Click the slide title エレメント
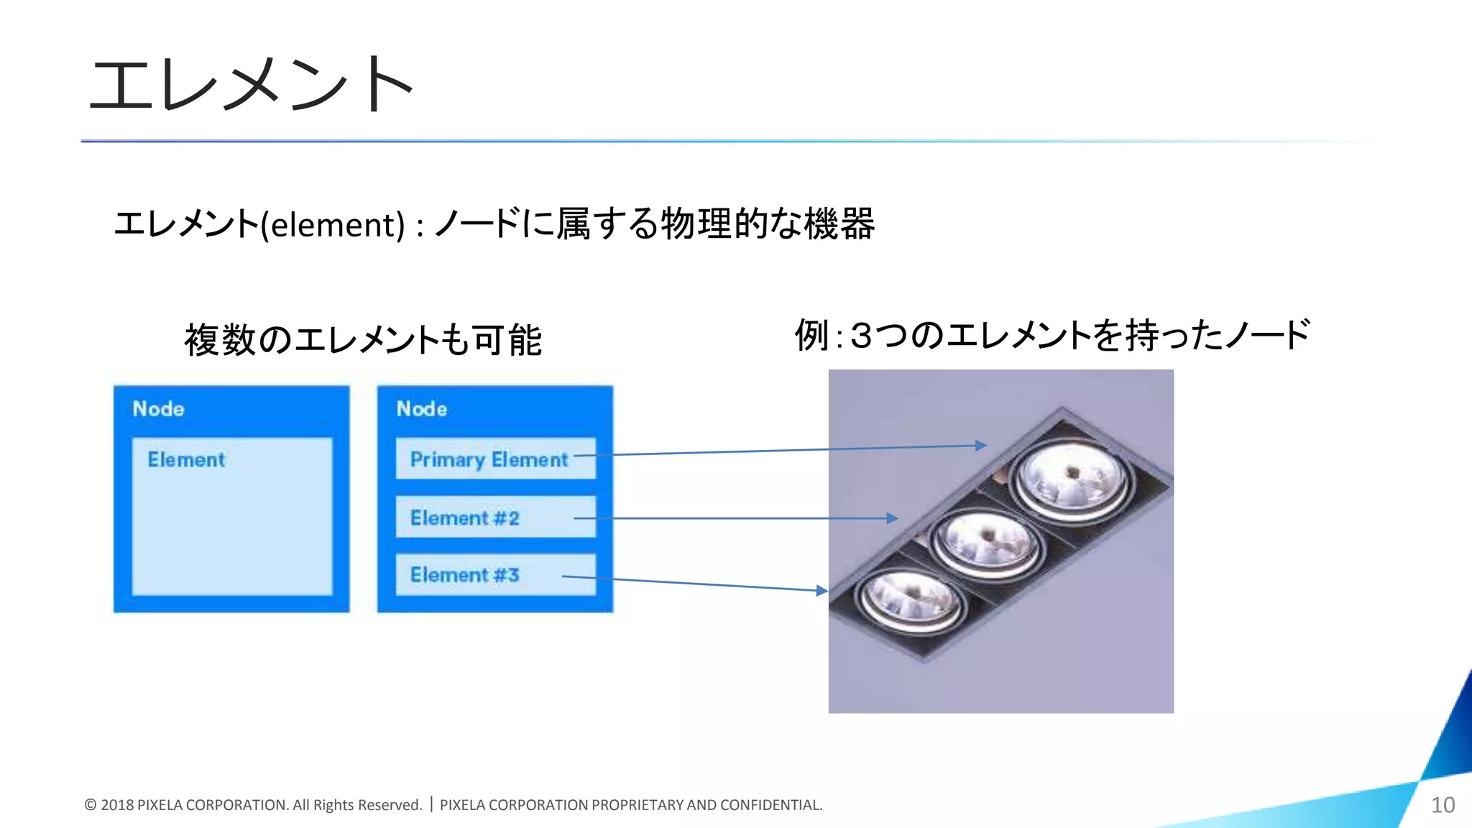[x=250, y=85]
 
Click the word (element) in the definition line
[x=333, y=225]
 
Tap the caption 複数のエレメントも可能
[x=363, y=340]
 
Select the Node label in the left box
[x=159, y=409]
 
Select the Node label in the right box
[x=422, y=409]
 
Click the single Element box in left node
[x=232, y=516]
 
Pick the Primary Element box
[x=495, y=459]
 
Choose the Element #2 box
[x=495, y=517]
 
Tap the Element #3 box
[x=495, y=575]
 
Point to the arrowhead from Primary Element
[x=981, y=446]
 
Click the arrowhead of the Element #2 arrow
[x=893, y=518]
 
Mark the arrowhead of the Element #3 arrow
[x=822, y=591]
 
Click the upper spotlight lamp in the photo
[x=1072, y=479]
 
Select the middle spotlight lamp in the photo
[x=987, y=540]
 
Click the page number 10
[x=1443, y=805]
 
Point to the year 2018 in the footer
[x=117, y=805]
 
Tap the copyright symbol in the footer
[x=91, y=805]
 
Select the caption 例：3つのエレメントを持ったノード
[x=1052, y=336]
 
